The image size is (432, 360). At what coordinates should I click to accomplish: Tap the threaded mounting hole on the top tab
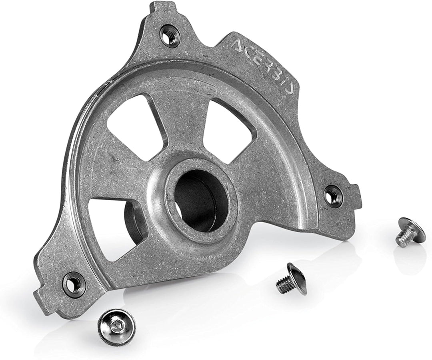168,33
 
